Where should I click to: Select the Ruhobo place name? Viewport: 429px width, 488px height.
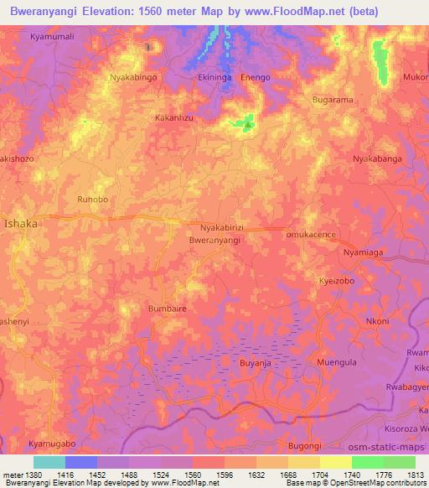coord(92,200)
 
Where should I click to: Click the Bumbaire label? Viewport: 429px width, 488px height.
coord(167,309)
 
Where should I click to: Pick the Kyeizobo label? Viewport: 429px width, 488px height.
coord(336,281)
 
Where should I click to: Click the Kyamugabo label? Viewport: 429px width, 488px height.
coord(52,443)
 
